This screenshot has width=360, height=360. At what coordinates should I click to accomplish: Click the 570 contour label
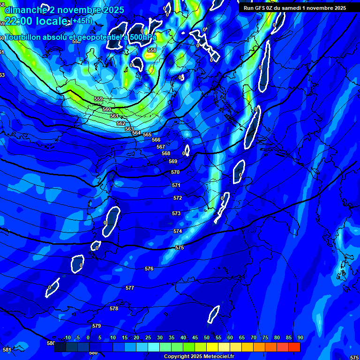(x=175, y=172)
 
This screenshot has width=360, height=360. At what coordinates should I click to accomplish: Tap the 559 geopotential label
(x=98, y=99)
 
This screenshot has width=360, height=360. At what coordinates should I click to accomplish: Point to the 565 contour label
(x=147, y=135)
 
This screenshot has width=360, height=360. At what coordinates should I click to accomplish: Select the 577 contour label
(x=130, y=288)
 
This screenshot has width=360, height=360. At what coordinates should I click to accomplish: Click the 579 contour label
(x=97, y=326)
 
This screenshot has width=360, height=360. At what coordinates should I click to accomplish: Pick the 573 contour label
(x=176, y=213)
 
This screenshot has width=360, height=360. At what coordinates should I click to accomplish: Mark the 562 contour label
(x=121, y=123)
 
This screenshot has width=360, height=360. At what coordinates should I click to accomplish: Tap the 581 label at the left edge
(x=7, y=350)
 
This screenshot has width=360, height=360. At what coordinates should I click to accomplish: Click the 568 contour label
(x=166, y=153)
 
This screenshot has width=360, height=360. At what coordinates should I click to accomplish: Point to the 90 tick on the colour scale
(x=300, y=338)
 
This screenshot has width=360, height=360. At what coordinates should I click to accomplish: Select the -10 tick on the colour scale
(x=67, y=338)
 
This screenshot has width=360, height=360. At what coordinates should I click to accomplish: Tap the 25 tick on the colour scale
(x=148, y=338)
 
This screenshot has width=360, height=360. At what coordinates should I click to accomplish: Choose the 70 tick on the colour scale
(x=253, y=338)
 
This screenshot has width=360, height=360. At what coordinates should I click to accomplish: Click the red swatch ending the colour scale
(x=294, y=347)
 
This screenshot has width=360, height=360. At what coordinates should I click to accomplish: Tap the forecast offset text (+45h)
(x=82, y=21)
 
